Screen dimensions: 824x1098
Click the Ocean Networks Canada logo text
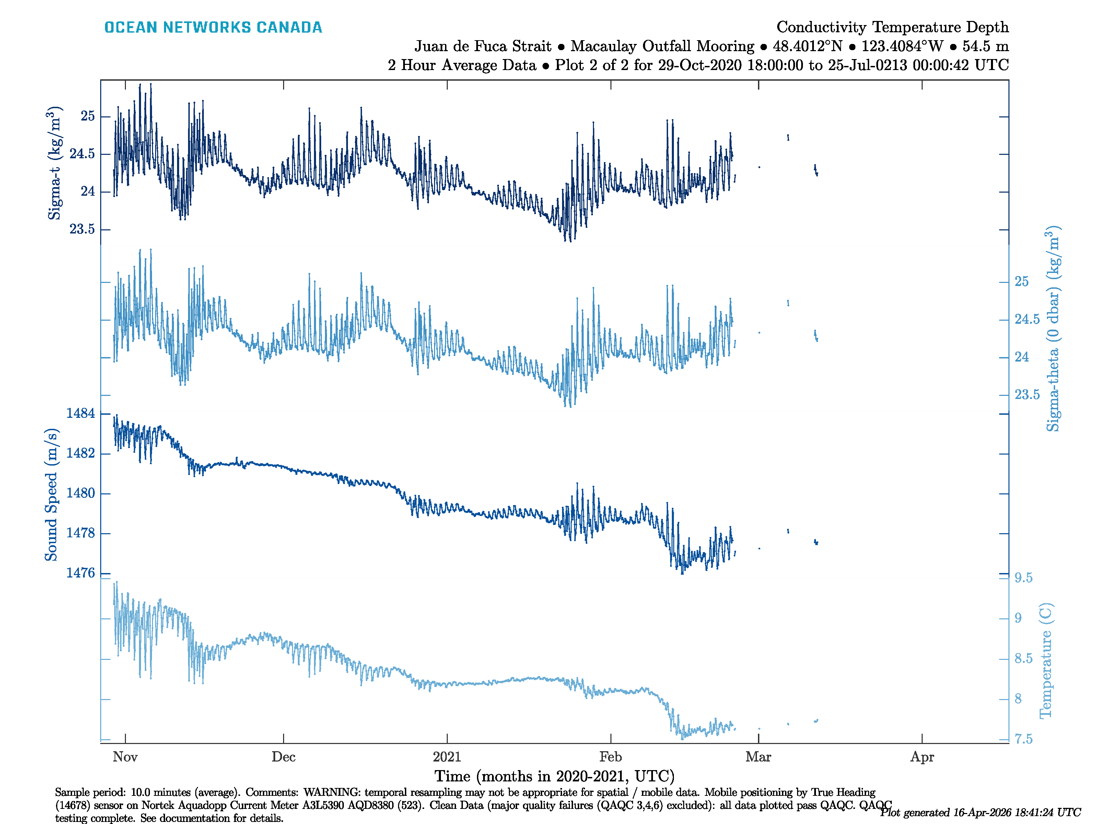click(213, 27)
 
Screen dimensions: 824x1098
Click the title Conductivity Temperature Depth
click(892, 27)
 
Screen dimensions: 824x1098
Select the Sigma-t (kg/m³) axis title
click(55, 163)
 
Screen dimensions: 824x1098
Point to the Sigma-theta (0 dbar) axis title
click(1053, 329)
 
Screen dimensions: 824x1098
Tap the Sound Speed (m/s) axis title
click(51, 494)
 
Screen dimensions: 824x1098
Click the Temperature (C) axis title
click(1046, 661)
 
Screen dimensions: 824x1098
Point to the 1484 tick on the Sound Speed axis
click(80, 413)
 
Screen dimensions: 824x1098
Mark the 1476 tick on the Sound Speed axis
click(80, 573)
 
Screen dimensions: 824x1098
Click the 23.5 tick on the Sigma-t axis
click(82, 229)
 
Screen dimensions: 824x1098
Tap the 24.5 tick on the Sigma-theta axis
click(1027, 319)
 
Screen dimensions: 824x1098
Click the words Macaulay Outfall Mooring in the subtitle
click(662, 46)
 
